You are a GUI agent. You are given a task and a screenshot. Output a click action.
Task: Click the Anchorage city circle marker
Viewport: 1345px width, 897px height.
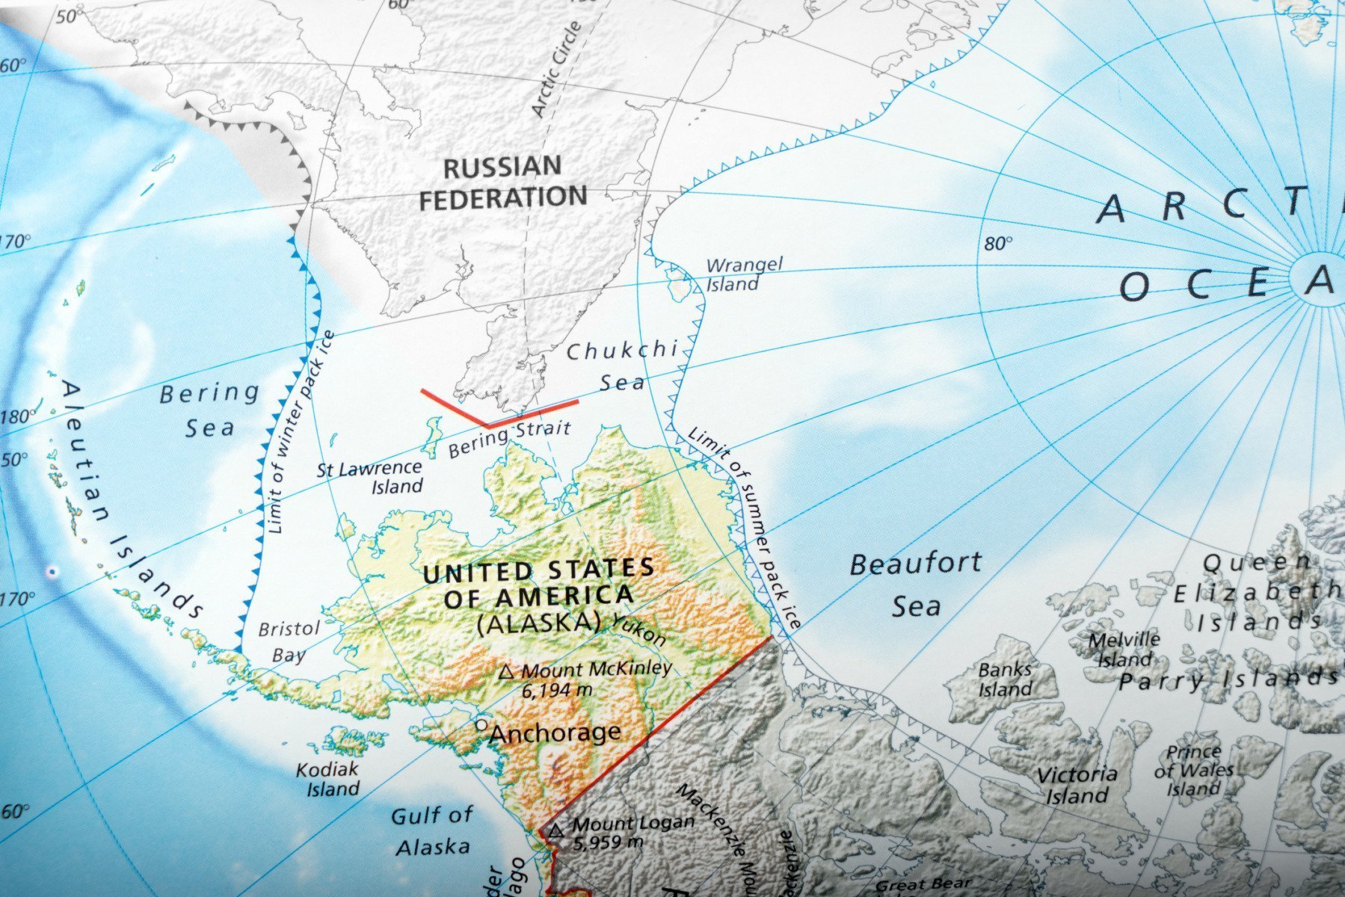click(x=481, y=725)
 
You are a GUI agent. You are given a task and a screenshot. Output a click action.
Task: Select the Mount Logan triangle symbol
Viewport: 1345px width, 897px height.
click(x=555, y=830)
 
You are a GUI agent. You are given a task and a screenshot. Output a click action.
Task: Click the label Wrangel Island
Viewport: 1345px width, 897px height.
click(x=743, y=274)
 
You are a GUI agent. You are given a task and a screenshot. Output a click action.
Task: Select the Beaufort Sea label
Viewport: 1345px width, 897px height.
click(x=915, y=585)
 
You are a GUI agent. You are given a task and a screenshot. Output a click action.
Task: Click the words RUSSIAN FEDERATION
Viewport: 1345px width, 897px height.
click(x=502, y=182)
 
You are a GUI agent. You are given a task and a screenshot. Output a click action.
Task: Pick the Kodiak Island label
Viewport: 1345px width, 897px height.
click(x=329, y=779)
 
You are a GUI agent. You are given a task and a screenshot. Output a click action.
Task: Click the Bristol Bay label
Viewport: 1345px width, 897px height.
click(x=289, y=641)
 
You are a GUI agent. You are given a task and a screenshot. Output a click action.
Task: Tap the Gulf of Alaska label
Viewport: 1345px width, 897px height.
click(x=432, y=830)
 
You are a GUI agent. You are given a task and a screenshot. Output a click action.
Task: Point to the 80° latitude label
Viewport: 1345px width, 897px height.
click(x=997, y=243)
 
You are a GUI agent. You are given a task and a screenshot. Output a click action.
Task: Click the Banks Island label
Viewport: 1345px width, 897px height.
click(x=1005, y=679)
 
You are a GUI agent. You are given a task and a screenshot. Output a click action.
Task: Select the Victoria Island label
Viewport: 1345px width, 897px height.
click(x=1077, y=785)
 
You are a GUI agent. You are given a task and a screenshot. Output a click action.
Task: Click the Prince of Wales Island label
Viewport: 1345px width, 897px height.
click(x=1193, y=770)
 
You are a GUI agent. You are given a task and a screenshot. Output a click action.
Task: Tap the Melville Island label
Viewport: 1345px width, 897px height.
click(x=1124, y=649)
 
